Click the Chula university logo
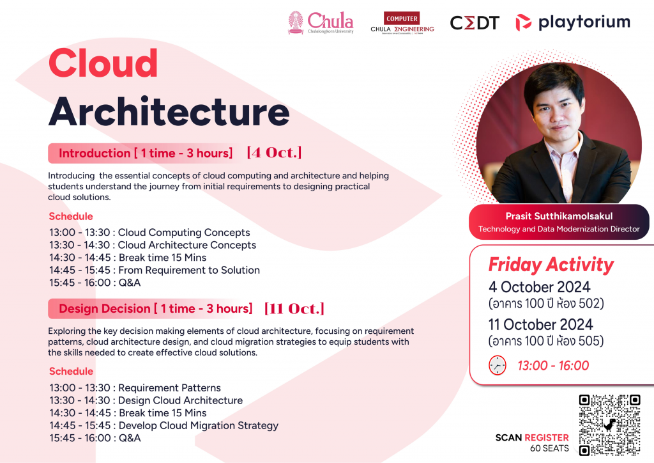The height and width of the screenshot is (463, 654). tap(321, 22)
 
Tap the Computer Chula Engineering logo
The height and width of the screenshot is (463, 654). tap(402, 23)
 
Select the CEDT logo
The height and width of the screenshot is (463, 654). tap(475, 23)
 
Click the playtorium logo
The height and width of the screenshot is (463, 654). tap(573, 22)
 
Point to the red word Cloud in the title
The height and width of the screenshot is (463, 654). tap(103, 63)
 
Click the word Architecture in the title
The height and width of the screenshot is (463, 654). tap(169, 111)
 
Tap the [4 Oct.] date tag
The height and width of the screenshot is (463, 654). tap(274, 152)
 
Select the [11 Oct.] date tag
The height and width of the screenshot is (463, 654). tap(294, 308)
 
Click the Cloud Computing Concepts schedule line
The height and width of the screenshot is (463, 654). tap(149, 233)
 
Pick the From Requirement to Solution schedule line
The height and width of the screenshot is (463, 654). tap(155, 270)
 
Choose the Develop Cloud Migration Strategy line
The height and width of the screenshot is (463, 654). tap(164, 425)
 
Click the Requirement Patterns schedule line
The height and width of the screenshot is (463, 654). tap(135, 388)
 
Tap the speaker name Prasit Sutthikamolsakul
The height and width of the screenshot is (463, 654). tap(559, 216)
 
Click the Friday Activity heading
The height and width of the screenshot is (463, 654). tap(551, 265)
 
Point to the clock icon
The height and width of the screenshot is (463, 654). tap(497, 365)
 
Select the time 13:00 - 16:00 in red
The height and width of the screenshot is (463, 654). tap(553, 366)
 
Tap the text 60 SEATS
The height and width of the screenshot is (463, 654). tap(549, 448)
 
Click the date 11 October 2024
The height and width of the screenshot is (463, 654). tap(540, 324)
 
